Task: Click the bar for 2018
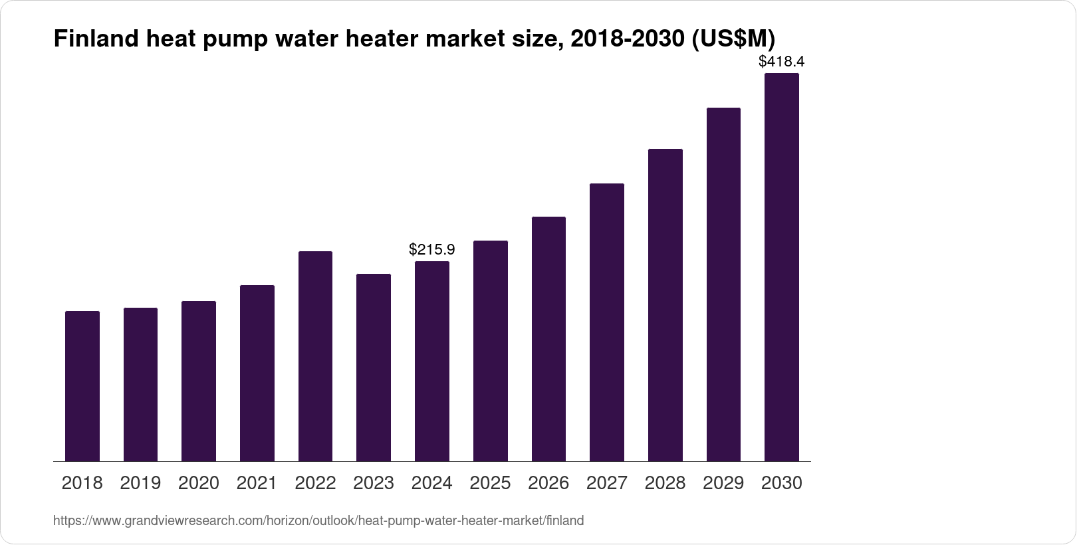tap(82, 386)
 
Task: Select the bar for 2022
tap(315, 356)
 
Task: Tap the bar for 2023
tap(374, 368)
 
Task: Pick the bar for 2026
tap(548, 339)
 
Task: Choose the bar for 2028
tap(665, 305)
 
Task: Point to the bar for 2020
tap(199, 381)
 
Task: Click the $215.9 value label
tap(432, 250)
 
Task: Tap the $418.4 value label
tap(782, 62)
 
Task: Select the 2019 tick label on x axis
tap(140, 483)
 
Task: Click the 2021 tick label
tap(257, 483)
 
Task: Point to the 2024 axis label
tap(432, 483)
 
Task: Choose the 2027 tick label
tap(607, 483)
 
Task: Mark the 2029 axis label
tap(723, 483)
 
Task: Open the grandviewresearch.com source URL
tap(318, 521)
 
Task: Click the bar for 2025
tap(491, 351)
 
